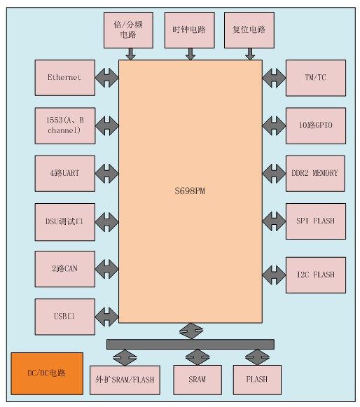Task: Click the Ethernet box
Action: click(x=65, y=78)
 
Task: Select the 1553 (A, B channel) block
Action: click(x=65, y=125)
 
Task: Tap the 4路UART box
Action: click(x=65, y=174)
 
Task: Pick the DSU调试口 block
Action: click(x=65, y=222)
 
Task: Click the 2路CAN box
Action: click(x=65, y=269)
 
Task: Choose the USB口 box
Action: click(x=65, y=317)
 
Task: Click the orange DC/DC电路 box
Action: click(x=47, y=373)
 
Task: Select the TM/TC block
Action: click(x=316, y=78)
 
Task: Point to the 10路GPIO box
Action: click(x=316, y=125)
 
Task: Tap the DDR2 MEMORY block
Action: click(x=315, y=174)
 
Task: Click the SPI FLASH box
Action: click(x=316, y=221)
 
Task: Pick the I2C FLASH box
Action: click(x=316, y=275)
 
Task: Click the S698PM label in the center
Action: click(x=190, y=191)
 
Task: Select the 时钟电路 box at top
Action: click(x=190, y=30)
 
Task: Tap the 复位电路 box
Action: click(x=249, y=30)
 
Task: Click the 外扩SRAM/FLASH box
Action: click(x=125, y=380)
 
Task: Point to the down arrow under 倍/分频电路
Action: click(x=130, y=54)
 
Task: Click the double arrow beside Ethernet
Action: click(x=107, y=78)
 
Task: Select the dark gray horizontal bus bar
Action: click(x=191, y=344)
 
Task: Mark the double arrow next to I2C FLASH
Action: click(x=274, y=275)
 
